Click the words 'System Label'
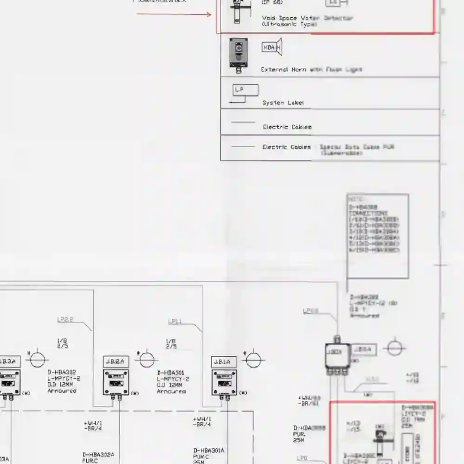283,103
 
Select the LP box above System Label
245,90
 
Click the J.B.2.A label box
116,362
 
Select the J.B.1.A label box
224,362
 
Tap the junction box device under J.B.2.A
116,383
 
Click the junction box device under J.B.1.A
224,383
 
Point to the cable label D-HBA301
171,373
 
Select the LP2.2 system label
65,320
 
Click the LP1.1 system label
175,321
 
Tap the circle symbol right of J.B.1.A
254,360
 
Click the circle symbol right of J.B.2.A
147,360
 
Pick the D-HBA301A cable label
208,450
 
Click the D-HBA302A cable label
98,455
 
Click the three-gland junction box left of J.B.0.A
337,356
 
